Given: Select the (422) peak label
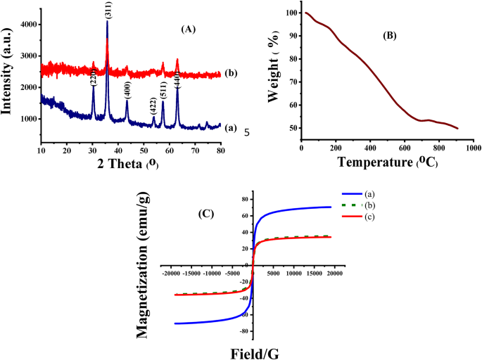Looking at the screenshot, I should pos(153,105).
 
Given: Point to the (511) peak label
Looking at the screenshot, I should pos(163,89).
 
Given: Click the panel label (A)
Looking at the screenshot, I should pos(188,30).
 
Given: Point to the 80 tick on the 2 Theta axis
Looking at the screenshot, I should pos(220,151).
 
